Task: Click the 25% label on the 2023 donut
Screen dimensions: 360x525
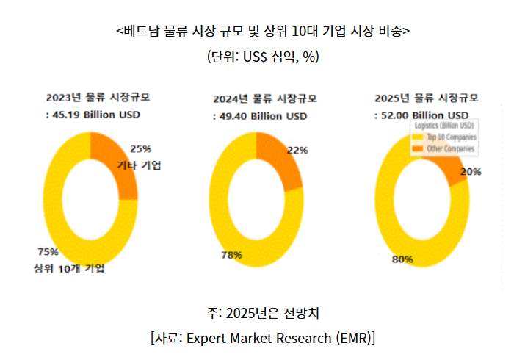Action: (x=140, y=148)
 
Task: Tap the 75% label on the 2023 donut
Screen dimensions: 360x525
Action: (x=48, y=252)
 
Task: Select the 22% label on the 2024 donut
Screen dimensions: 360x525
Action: (x=297, y=151)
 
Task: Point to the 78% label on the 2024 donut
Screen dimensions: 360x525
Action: (x=232, y=255)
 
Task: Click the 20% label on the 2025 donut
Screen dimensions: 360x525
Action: (x=471, y=172)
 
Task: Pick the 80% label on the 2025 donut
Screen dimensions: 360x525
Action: (x=402, y=259)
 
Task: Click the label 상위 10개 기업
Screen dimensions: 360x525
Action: (x=69, y=268)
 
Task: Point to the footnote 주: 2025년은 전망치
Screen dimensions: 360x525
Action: (x=263, y=314)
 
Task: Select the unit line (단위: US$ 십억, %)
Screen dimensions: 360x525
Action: (x=263, y=57)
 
